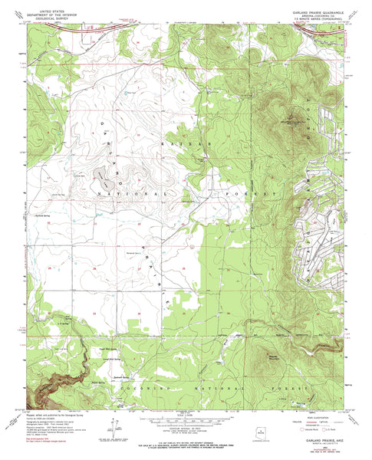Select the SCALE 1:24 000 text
[x=186, y=415]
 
